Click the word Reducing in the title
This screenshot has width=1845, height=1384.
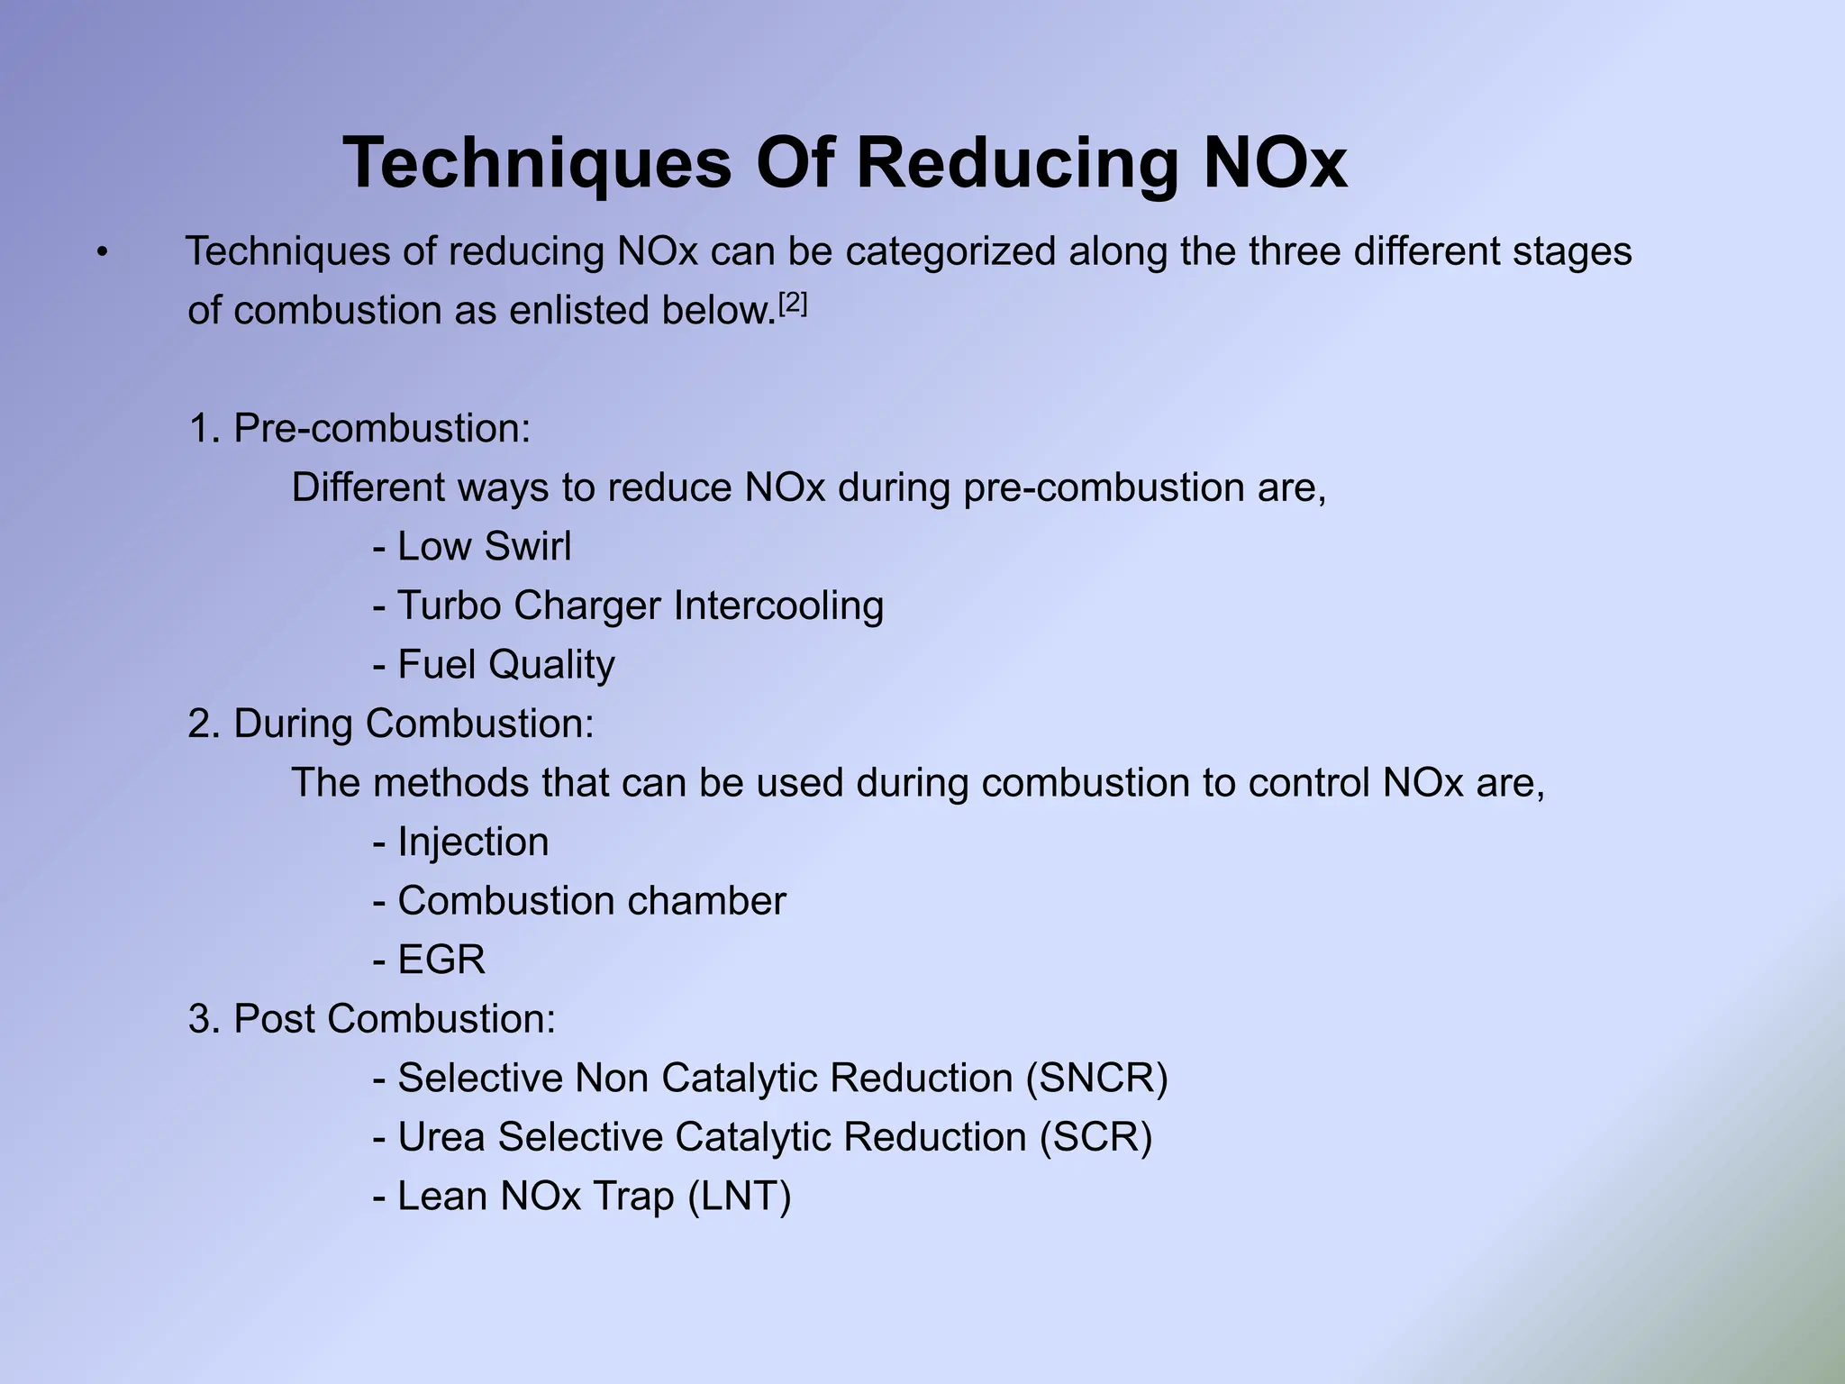pos(1016,164)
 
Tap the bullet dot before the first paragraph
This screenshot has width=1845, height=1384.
pos(103,254)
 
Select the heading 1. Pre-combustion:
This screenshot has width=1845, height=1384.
pos(359,429)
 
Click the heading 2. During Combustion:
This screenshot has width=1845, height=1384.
pos(391,724)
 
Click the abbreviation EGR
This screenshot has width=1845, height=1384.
pos(441,961)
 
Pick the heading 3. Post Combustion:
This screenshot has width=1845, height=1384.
pos(372,1019)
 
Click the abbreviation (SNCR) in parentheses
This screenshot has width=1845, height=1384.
pos(1096,1079)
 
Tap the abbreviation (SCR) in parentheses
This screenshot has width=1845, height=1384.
pos(1095,1137)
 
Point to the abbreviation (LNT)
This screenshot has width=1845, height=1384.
pos(739,1197)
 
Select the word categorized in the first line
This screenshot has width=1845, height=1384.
pos(950,252)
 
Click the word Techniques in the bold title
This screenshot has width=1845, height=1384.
pos(538,164)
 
